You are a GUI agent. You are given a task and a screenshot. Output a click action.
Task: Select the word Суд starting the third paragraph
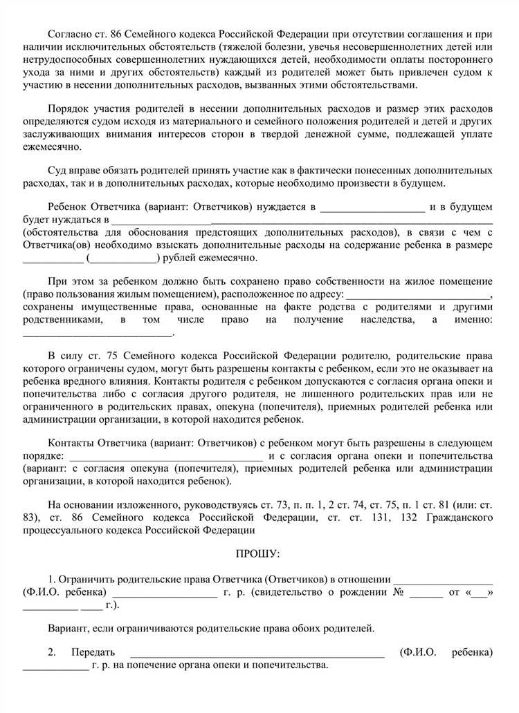click(57, 170)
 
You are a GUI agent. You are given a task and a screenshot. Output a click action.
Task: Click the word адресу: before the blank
click(325, 294)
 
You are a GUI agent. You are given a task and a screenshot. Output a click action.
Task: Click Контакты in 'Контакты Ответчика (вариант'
click(70, 442)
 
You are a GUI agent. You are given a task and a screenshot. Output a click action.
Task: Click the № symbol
click(398, 592)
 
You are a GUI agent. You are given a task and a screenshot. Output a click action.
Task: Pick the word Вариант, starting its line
click(69, 628)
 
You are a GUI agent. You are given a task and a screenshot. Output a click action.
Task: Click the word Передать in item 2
click(93, 652)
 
